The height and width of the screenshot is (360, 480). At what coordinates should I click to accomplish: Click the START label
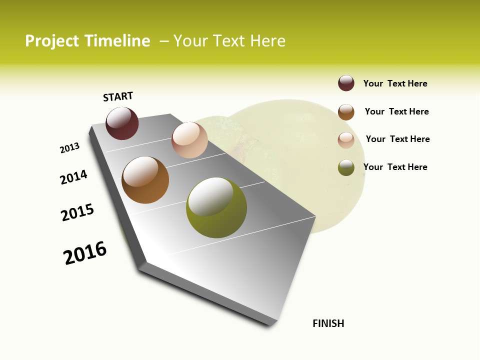(118, 96)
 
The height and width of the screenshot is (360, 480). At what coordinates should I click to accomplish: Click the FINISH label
(328, 323)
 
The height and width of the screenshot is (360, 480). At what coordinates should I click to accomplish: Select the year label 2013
(70, 148)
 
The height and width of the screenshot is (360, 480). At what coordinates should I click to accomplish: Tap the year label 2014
(74, 177)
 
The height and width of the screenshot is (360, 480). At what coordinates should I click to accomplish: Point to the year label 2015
(77, 212)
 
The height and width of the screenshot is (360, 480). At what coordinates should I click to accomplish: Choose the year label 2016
(85, 253)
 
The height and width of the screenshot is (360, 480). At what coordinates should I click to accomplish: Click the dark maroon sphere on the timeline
(122, 123)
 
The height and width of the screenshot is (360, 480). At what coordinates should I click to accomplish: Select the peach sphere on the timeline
(189, 140)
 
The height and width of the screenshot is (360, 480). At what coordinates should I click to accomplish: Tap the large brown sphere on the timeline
(145, 180)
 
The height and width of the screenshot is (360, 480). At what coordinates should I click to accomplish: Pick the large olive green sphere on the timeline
(216, 207)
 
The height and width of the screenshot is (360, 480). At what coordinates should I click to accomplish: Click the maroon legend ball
(346, 83)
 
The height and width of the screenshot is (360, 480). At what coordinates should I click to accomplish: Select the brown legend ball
(346, 112)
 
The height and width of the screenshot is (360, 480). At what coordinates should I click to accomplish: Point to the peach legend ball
(346, 140)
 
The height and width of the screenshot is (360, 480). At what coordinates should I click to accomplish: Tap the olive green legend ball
(346, 167)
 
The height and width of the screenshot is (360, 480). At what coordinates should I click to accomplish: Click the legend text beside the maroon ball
(395, 83)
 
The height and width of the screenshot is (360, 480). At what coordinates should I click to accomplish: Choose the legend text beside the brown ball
(396, 111)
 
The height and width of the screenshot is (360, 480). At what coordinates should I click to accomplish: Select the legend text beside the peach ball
(397, 139)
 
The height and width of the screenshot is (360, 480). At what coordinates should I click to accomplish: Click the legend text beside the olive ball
(395, 167)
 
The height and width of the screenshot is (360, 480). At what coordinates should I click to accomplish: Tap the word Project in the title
(52, 41)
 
